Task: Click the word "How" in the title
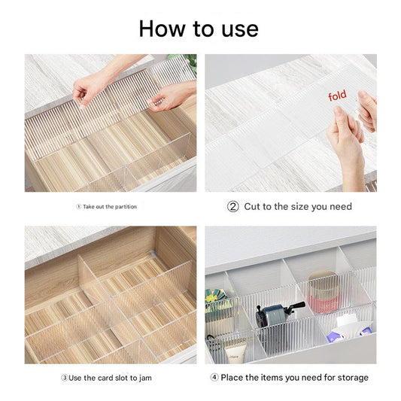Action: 163,29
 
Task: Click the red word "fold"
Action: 338,96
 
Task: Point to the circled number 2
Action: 233,207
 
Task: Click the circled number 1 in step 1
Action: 79,207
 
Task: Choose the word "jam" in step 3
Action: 145,378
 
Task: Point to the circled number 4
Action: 214,377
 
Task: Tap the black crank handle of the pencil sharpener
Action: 295,307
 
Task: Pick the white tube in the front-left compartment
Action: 235,354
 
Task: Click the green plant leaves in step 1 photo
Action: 190,62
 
